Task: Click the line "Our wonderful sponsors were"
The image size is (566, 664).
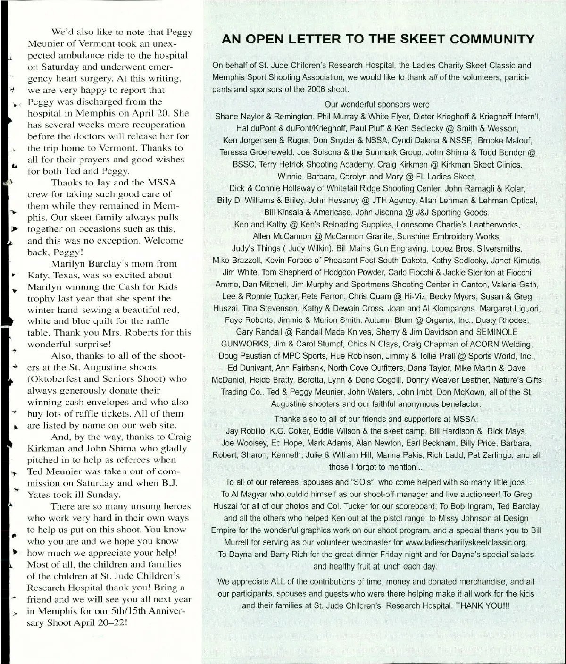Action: [x=377, y=105]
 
